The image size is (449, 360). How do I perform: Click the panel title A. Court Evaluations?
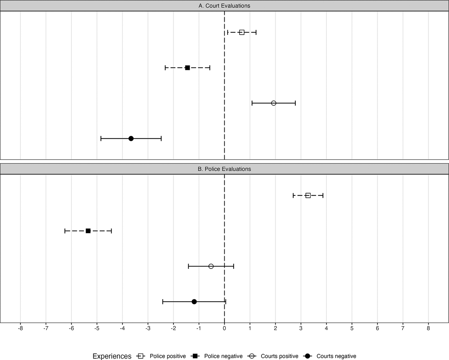224,6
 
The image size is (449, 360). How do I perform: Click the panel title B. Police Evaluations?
224,169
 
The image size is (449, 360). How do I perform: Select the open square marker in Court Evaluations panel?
242,32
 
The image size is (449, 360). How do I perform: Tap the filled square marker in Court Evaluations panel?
187,68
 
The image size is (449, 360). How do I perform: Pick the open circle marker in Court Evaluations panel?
274,103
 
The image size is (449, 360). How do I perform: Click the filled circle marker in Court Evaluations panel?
131,138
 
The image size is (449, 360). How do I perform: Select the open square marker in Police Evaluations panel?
308,195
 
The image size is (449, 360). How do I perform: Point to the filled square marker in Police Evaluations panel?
88,231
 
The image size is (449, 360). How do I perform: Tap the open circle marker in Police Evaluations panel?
211,266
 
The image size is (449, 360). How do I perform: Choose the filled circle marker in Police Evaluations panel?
194,302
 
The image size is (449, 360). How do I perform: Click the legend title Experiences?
112,356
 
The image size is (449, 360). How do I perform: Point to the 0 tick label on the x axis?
224,328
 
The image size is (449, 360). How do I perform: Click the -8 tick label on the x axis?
20,328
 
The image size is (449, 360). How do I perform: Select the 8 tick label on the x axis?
428,328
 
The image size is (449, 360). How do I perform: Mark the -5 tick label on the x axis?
97,328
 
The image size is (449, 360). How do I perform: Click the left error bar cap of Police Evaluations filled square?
65,231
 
